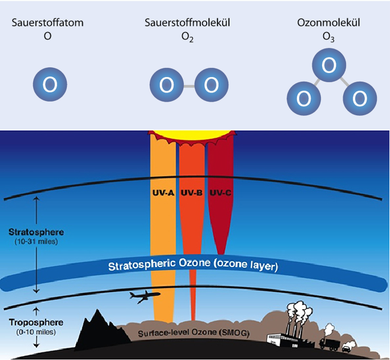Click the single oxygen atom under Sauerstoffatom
(50, 85)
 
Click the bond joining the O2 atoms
(188, 86)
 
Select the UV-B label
(192, 193)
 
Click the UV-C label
(220, 193)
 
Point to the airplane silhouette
(144, 296)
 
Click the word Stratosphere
(36, 233)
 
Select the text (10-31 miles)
(36, 242)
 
